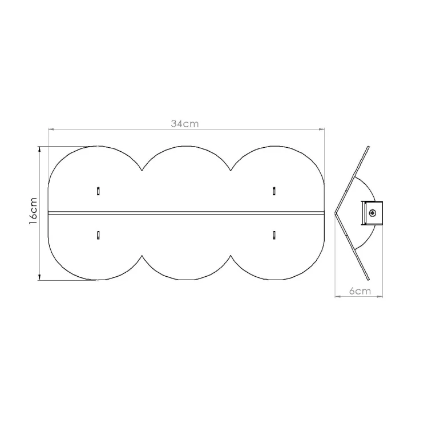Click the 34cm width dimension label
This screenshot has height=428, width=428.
pyautogui.click(x=185, y=124)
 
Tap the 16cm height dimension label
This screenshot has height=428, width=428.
pyautogui.click(x=33, y=211)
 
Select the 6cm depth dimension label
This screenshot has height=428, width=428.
pyautogui.click(x=360, y=291)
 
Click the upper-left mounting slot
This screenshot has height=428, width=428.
pyautogui.click(x=98, y=191)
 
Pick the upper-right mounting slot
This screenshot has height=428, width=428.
pyautogui.click(x=274, y=191)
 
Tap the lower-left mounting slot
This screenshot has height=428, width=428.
pyautogui.click(x=98, y=235)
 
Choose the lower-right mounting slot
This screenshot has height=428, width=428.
pyautogui.click(x=274, y=235)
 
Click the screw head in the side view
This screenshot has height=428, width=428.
pyautogui.click(x=372, y=213)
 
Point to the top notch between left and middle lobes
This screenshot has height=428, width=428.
pyautogui.click(x=142, y=171)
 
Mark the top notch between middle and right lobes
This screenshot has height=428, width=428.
pyautogui.click(x=231, y=171)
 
